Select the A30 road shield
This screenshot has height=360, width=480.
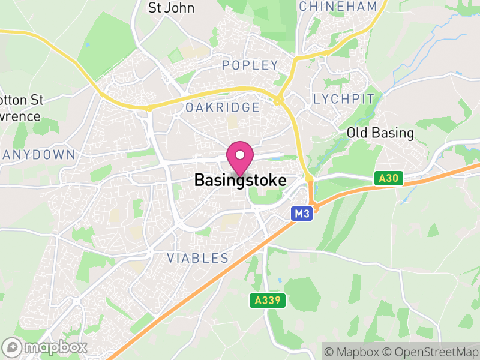point(388,178)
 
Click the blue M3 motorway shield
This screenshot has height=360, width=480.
point(302,214)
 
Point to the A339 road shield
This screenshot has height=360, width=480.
point(268,301)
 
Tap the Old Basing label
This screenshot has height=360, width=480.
point(380,133)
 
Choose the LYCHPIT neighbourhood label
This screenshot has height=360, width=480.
point(344,99)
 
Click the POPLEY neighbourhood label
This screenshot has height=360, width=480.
point(250,65)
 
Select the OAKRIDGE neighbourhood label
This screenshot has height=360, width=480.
point(223,107)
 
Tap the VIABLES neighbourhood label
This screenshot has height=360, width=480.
point(198,259)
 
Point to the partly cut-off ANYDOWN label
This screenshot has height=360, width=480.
point(38,155)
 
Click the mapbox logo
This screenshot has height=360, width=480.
point(45,347)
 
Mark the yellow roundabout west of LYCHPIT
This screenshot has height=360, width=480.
point(278,101)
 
